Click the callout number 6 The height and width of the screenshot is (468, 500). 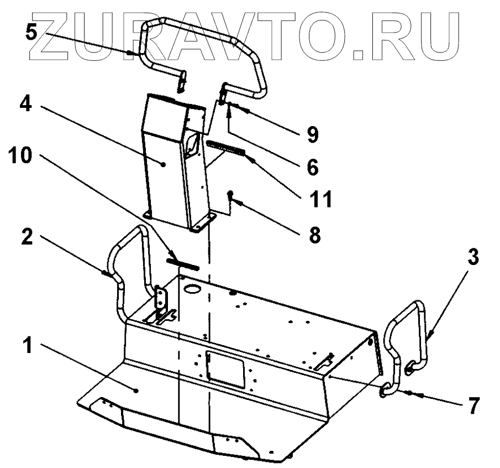coord(313,167)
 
